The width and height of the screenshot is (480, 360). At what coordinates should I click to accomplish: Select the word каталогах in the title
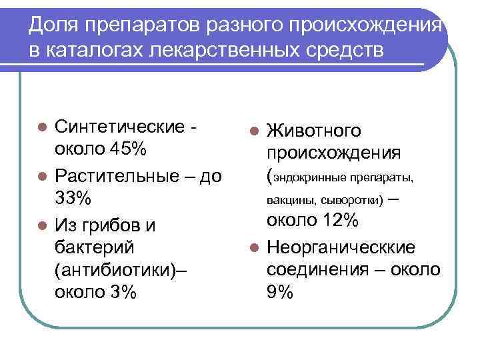pos(91,51)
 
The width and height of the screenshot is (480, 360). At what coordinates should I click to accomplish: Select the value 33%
pos(73,199)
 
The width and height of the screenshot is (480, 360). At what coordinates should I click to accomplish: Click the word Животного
pos(314,131)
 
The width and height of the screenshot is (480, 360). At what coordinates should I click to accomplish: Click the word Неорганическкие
pos(341,247)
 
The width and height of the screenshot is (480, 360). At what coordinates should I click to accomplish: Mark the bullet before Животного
pos(253,131)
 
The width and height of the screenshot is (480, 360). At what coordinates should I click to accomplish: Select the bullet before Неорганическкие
pos(253,248)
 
